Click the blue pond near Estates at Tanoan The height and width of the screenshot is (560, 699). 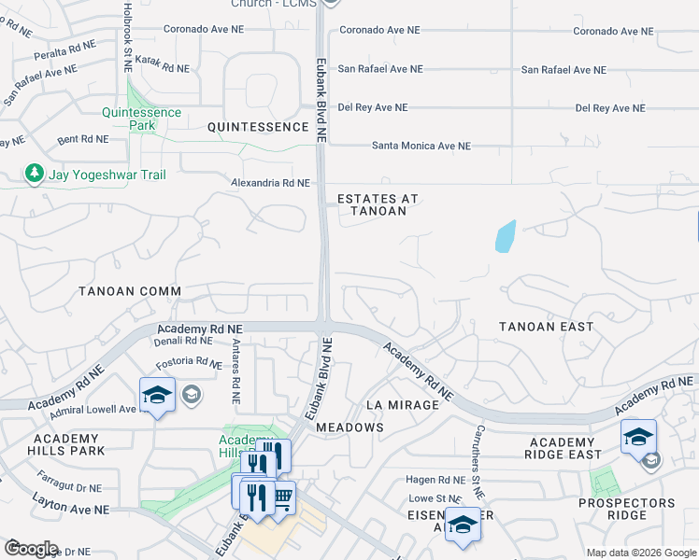[x=505, y=237]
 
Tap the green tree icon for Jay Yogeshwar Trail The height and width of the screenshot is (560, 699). [x=35, y=174]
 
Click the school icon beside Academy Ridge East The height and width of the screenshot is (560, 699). [x=638, y=436]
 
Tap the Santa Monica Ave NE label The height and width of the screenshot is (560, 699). [x=421, y=146]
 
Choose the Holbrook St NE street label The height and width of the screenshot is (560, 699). [x=127, y=37]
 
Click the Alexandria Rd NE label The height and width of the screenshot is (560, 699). [x=271, y=183]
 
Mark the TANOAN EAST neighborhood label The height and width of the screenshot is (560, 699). [x=546, y=327]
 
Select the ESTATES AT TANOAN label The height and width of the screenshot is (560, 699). [x=378, y=204]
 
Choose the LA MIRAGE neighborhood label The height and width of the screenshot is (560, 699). [x=402, y=405]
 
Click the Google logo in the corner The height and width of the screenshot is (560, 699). [x=31, y=549]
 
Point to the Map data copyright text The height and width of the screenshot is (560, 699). [x=641, y=553]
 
